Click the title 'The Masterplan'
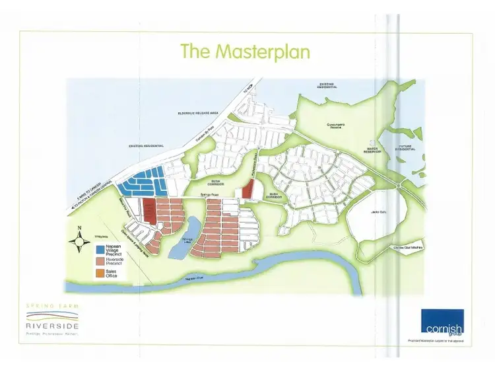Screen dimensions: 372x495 pos(245,51)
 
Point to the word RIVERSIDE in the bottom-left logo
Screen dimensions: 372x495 pos(53,325)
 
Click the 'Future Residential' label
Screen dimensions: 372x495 pos(404,148)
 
